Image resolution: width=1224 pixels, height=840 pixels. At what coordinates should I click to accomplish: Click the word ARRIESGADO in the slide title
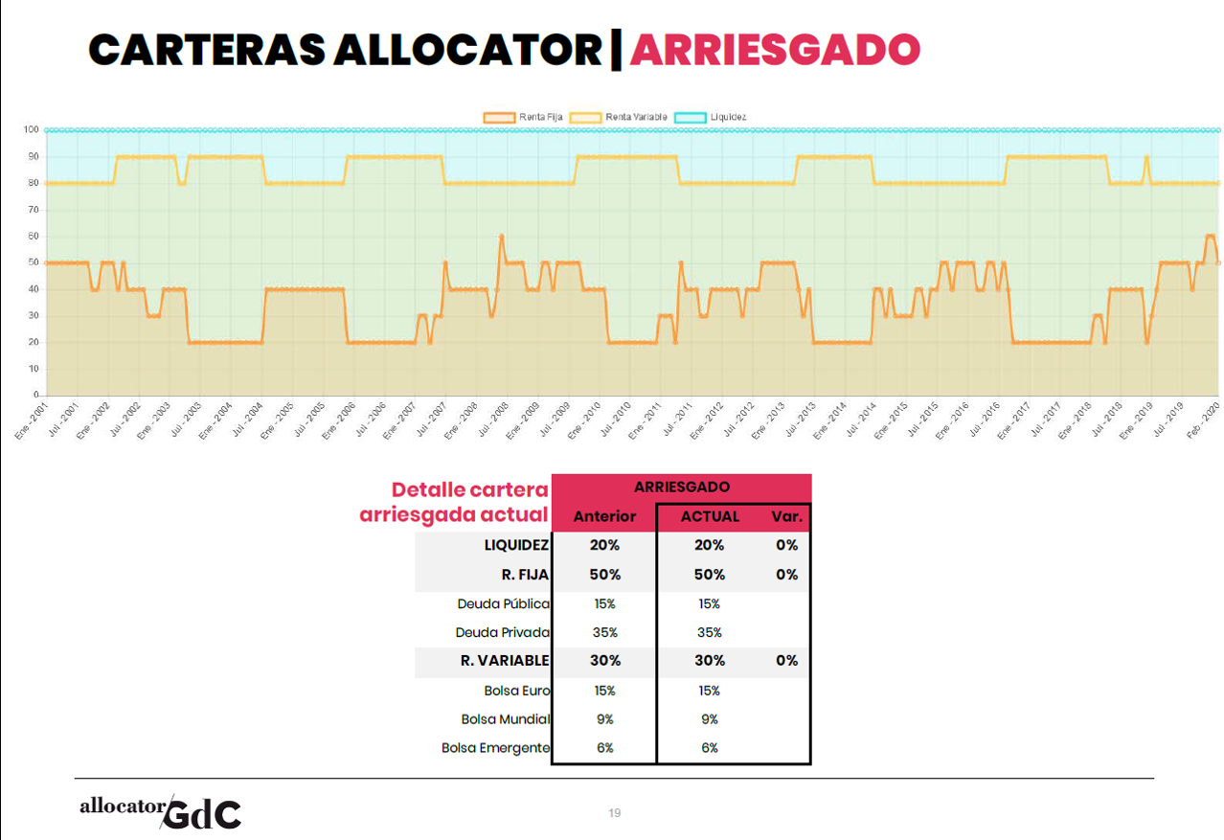point(774,50)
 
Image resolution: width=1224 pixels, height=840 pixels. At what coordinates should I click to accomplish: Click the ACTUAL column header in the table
point(710,516)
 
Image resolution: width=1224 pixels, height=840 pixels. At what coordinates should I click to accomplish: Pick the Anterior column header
point(604,516)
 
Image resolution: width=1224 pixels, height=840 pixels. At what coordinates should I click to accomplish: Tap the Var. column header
point(786,516)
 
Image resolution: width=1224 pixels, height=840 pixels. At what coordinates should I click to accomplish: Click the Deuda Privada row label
point(503,632)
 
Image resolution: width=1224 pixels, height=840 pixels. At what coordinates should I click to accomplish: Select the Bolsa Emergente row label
point(495,748)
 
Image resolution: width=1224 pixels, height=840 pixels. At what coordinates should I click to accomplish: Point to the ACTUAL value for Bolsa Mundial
point(710,719)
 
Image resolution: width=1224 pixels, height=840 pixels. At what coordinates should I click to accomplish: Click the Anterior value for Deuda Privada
point(604,632)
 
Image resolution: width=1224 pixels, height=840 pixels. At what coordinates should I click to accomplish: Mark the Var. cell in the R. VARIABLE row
point(786,660)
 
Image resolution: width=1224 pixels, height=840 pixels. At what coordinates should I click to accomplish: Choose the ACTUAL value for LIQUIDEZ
point(710,545)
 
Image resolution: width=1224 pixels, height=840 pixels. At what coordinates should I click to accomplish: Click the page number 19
point(615,813)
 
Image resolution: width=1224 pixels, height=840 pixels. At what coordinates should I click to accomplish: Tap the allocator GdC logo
point(160,812)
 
